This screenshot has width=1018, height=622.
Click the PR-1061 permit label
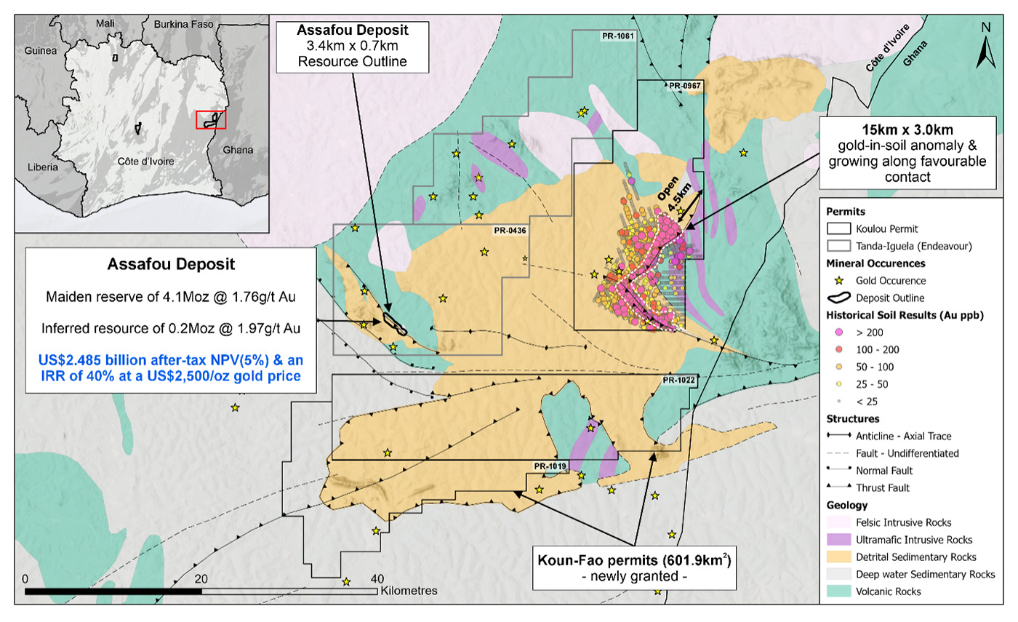pos(619,37)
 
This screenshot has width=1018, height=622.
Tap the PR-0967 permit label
pos(684,86)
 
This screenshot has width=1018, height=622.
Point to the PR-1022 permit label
pos(678,380)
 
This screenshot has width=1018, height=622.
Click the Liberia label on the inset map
pos(42,167)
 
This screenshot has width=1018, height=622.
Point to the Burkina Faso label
pos(183,24)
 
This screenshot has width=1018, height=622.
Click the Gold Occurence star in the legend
pos(838,281)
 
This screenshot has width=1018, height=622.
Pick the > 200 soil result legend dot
pos(838,332)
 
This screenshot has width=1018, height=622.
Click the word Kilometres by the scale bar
pos(409,591)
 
